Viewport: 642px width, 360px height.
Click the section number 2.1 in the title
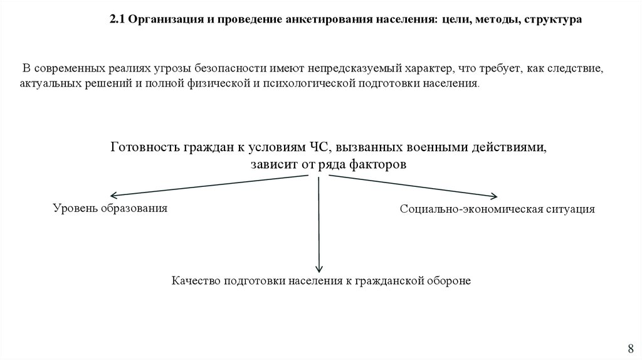(117, 20)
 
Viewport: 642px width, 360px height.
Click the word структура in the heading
(552, 20)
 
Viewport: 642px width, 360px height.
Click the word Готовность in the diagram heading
(145, 148)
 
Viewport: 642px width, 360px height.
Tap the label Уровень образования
(110, 208)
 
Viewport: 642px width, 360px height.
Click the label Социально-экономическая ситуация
(497, 209)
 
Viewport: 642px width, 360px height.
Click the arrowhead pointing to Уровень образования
(115, 196)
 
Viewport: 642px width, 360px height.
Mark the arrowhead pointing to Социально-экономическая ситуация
(495, 196)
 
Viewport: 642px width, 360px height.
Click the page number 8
(631, 349)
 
